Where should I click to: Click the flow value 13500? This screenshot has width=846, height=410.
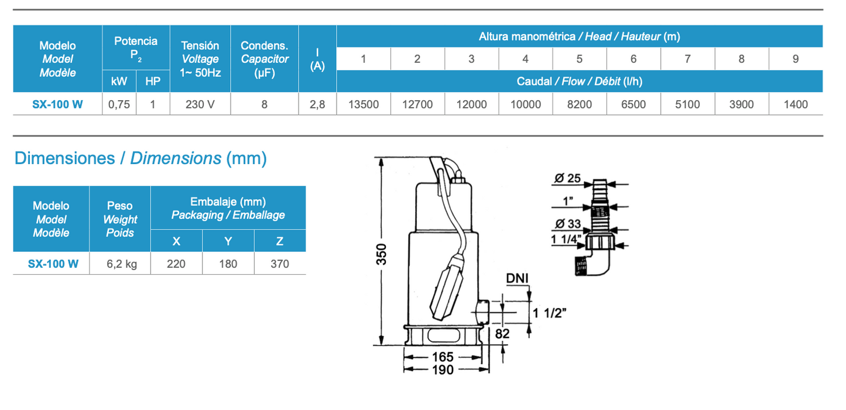click(x=364, y=105)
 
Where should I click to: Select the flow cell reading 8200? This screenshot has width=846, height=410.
click(x=579, y=105)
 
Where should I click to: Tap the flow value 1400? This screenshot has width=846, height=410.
click(x=795, y=105)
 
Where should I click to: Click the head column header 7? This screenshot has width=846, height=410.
click(x=687, y=59)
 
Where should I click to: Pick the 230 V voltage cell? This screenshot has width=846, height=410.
click(x=200, y=105)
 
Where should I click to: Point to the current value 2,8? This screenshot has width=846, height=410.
click(x=317, y=105)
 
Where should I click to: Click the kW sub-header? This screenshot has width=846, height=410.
click(x=119, y=81)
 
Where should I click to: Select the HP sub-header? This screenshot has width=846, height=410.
click(x=153, y=81)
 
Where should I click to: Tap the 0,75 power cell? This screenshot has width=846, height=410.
click(x=119, y=105)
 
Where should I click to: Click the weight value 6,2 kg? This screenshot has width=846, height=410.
click(x=121, y=264)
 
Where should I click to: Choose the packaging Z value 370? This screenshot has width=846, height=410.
click(x=280, y=264)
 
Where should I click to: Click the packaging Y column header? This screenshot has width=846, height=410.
click(x=228, y=241)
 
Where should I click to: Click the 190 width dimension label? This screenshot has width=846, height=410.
click(x=443, y=370)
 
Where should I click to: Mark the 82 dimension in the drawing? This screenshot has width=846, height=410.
click(x=502, y=333)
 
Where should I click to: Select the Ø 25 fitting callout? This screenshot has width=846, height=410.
click(x=566, y=178)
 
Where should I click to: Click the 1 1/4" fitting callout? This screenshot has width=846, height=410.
click(x=565, y=239)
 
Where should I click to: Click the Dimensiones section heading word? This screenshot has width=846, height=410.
click(x=64, y=158)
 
